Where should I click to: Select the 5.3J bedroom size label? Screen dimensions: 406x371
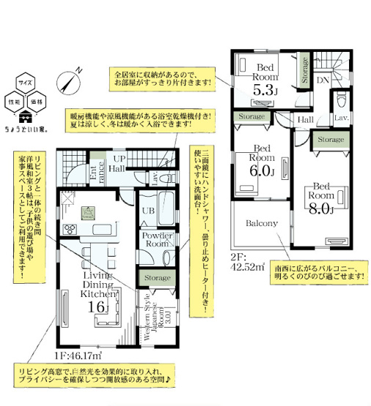tap(265, 91)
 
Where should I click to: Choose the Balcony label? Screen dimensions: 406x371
tap(261, 223)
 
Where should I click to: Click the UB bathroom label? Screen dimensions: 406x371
tap(147, 211)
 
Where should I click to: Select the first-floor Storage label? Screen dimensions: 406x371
tap(157, 278)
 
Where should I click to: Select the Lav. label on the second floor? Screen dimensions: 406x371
tap(342, 117)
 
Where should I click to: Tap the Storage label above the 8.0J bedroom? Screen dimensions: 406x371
tap(331, 139)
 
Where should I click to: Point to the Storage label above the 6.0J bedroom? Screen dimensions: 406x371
tap(251, 116)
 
